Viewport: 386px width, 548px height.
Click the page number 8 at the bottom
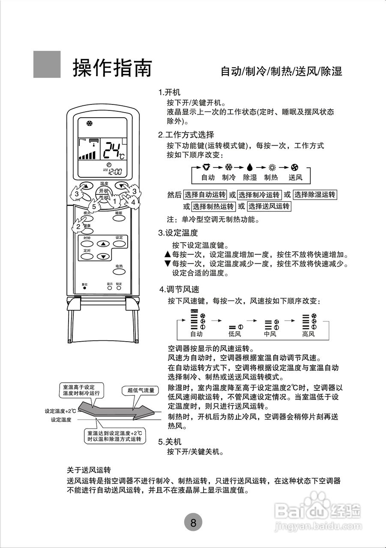193,522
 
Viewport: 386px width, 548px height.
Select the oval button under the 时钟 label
87,244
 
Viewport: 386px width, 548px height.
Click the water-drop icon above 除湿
250,167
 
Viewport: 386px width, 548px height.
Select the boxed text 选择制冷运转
259,195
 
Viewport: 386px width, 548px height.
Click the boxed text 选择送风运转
269,206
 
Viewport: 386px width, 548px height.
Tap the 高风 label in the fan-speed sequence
308,334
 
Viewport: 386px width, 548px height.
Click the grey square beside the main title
47,65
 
